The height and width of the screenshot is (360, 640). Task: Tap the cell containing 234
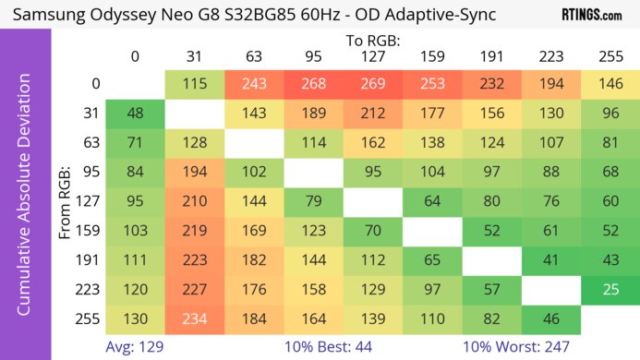pos(194,319)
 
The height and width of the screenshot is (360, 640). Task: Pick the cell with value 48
pos(135,114)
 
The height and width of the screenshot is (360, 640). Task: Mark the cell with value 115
pos(194,84)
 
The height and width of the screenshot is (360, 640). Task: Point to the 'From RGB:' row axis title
pos(65,201)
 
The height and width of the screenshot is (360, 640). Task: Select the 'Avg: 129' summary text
pos(135,346)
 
